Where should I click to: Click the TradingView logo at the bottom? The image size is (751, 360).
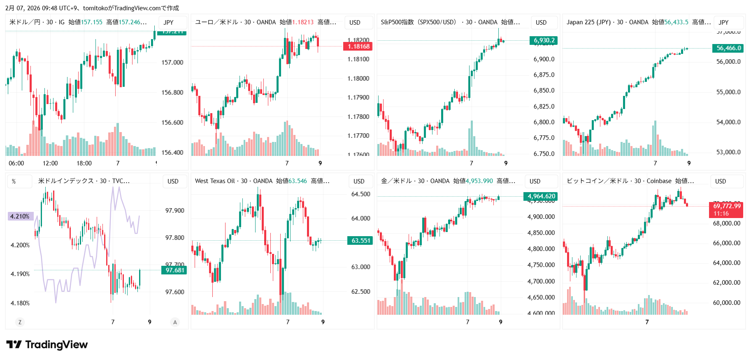tap(47, 345)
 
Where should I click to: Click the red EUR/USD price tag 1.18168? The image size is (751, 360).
tap(358, 46)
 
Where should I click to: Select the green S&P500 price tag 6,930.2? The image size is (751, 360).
tap(544, 40)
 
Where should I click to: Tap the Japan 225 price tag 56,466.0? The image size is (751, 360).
tap(729, 48)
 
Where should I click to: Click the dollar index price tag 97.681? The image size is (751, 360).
tap(175, 270)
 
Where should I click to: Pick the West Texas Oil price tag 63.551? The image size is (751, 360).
tap(360, 241)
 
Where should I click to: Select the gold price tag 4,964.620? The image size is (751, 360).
tap(541, 196)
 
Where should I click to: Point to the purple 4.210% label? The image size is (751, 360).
tap(20, 216)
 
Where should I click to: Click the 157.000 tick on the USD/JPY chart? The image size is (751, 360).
tap(172, 63)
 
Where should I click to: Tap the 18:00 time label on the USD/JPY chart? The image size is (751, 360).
tap(84, 163)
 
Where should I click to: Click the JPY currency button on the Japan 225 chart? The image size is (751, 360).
tap(724, 23)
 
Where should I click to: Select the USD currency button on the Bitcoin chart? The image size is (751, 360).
tap(721, 181)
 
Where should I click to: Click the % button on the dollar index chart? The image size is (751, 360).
tap(14, 181)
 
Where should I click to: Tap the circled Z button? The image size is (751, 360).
tap(20, 322)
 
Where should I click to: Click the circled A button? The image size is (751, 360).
tap(175, 322)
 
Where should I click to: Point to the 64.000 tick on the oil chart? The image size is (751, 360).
tap(360, 218)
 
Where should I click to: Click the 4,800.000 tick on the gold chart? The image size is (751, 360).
tap(541, 249)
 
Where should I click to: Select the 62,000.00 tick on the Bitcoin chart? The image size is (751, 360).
tap(726, 283)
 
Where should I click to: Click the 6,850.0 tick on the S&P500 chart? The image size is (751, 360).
tap(544, 91)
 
